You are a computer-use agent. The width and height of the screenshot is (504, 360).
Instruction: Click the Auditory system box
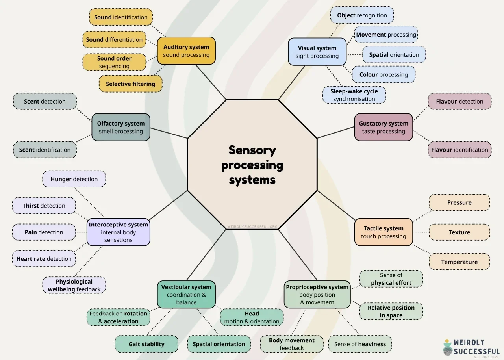click(186, 51)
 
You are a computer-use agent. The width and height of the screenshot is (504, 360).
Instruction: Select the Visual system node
click(317, 52)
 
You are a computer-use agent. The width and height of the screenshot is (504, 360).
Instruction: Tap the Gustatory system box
click(384, 127)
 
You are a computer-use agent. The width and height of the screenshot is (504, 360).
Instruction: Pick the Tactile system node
click(384, 232)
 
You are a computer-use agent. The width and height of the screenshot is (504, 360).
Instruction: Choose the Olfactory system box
click(121, 127)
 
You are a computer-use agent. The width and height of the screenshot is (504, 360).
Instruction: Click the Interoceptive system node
click(118, 232)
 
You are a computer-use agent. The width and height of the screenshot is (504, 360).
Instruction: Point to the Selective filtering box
click(130, 84)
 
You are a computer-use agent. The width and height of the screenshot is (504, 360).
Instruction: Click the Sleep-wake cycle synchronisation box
click(354, 95)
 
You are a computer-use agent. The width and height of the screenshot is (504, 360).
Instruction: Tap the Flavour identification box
click(460, 150)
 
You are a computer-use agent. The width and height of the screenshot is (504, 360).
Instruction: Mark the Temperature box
click(459, 262)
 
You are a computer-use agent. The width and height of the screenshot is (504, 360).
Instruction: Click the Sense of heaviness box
click(360, 344)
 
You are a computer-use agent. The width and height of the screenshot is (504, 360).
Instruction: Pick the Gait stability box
click(146, 344)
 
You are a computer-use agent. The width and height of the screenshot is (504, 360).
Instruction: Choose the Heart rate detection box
click(44, 259)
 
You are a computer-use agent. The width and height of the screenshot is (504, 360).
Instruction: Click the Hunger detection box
click(74, 179)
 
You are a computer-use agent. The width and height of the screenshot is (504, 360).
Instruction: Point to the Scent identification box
click(44, 150)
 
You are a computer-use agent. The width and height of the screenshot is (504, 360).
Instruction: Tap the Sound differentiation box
click(114, 40)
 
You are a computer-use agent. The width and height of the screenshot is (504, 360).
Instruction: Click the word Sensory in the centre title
click(252, 150)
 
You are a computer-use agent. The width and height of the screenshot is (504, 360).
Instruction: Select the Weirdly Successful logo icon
click(447, 347)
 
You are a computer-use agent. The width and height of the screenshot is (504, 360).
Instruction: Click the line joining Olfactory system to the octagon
click(169, 133)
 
